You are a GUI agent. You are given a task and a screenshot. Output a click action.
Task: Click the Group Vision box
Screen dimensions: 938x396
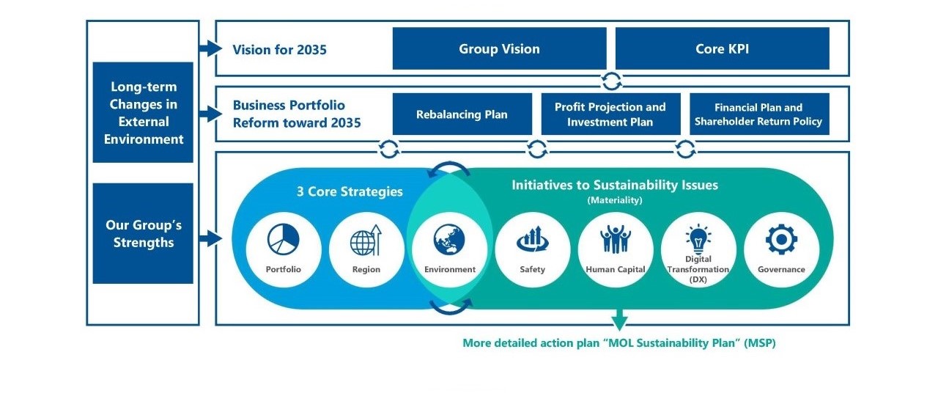[x=499, y=48]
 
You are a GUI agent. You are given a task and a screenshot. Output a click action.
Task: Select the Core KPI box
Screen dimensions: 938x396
[x=723, y=48]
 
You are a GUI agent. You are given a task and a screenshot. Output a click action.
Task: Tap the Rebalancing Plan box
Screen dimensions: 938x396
[x=462, y=114]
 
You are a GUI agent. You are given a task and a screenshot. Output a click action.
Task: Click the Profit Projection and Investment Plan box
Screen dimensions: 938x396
[x=610, y=114]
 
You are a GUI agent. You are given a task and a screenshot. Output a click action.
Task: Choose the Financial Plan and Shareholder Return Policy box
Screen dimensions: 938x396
[x=759, y=114]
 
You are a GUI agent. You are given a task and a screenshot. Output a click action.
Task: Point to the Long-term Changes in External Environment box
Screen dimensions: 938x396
[x=143, y=112]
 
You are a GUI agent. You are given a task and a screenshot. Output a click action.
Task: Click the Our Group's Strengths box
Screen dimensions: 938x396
[x=143, y=233]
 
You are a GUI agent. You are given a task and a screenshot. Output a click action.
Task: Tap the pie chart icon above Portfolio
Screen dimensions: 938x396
[x=284, y=239]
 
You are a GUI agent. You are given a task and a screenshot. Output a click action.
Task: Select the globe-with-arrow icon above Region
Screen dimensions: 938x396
[x=366, y=241]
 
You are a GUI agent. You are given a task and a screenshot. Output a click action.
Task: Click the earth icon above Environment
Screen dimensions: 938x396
[x=449, y=240]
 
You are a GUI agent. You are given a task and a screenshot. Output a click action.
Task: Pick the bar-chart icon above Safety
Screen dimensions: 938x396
[x=532, y=239]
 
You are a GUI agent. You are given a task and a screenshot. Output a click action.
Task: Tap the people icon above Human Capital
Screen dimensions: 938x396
[x=615, y=239]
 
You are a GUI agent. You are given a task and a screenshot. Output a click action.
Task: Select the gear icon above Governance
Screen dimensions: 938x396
[x=781, y=239]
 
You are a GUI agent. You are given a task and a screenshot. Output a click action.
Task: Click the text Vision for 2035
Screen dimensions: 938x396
[x=280, y=50]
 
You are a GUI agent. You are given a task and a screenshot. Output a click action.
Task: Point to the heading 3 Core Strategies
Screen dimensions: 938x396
[x=350, y=191]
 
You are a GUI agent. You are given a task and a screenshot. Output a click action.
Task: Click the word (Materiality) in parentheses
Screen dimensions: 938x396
[x=615, y=200]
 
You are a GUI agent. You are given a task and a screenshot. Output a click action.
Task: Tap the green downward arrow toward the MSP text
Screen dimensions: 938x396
[x=620, y=320]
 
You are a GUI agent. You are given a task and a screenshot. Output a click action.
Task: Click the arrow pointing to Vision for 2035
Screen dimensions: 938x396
[x=210, y=48]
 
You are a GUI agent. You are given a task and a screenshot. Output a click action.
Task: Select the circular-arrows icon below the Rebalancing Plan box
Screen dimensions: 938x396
[x=389, y=149]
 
